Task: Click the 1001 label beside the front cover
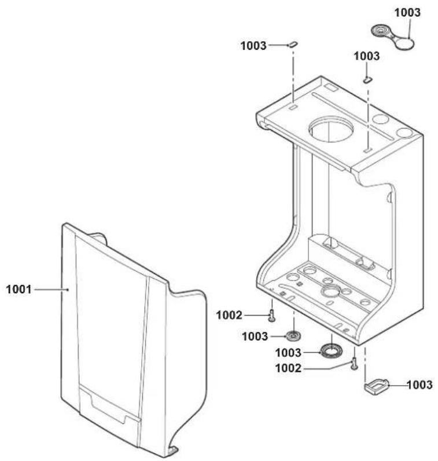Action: coord(19,290)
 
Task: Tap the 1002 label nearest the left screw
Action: coord(229,315)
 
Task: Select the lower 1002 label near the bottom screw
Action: coord(288,368)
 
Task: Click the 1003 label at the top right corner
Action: coord(407,12)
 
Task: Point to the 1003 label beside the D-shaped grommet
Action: coord(419,385)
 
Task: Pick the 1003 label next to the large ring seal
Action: coord(288,353)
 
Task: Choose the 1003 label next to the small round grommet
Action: coord(255,336)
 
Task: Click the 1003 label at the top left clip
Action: coord(253,46)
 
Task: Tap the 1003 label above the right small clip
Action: coord(366,56)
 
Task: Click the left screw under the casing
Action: coord(272,316)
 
